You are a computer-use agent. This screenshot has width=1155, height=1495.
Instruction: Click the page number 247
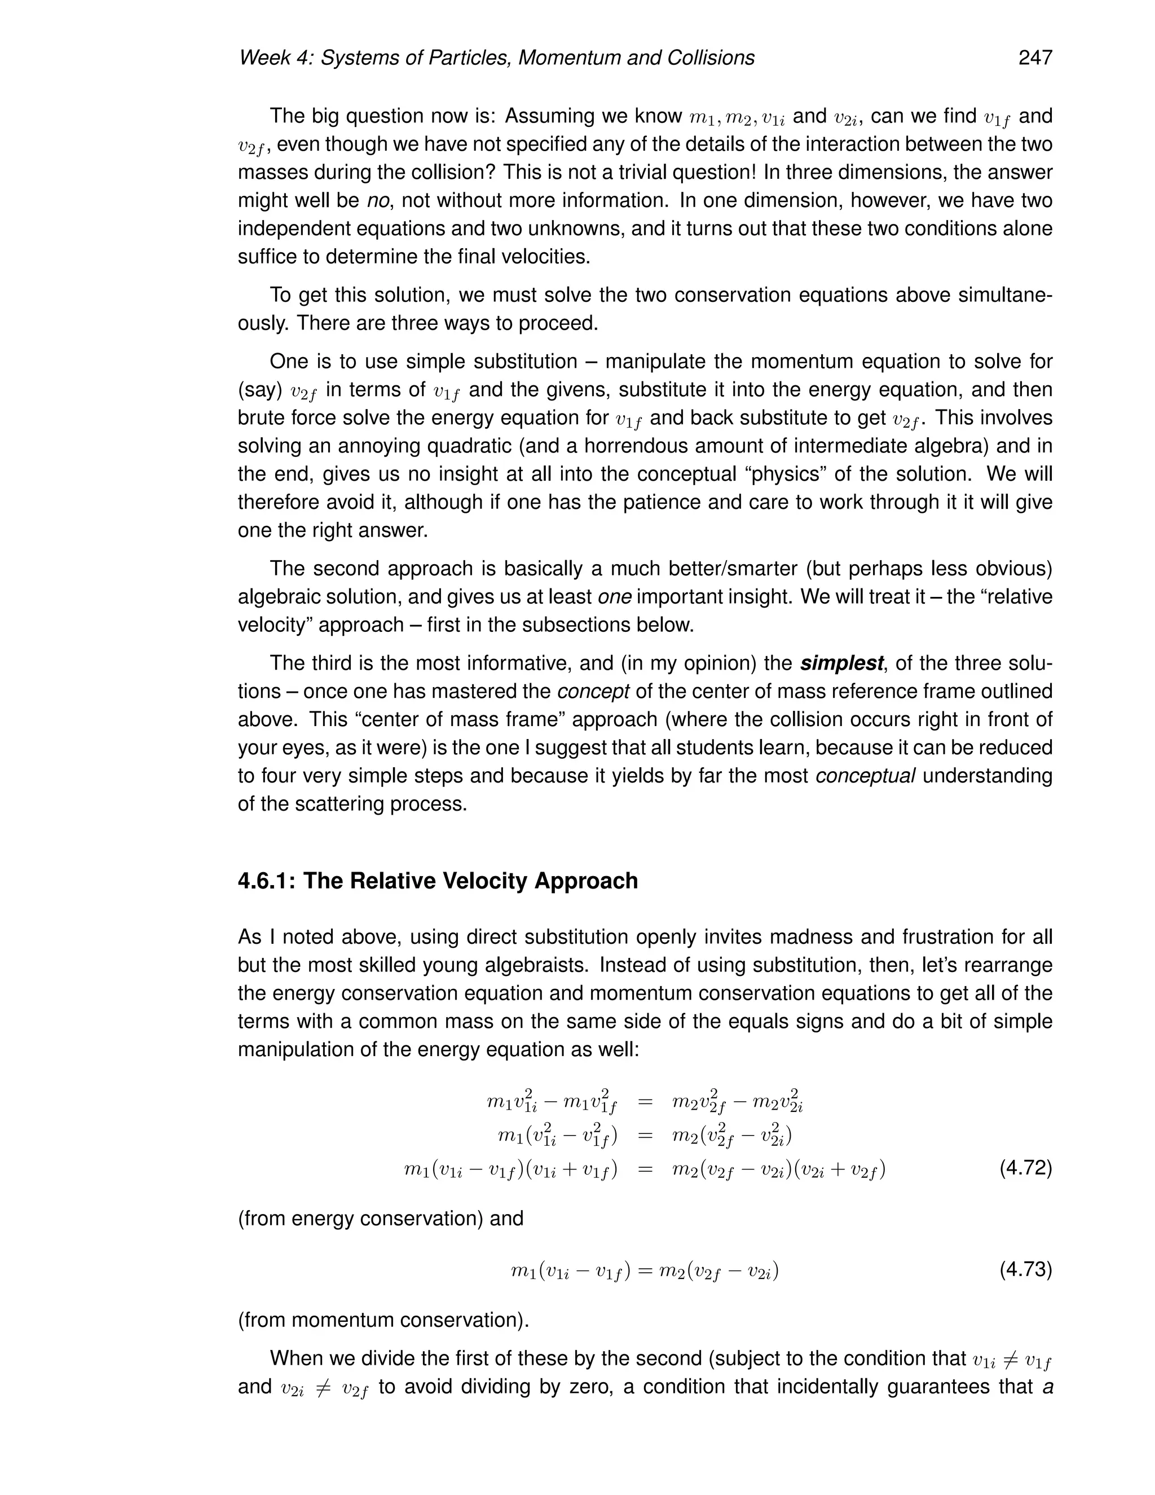pos(1034,58)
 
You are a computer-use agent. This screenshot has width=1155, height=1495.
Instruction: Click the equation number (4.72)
pos(1025,1168)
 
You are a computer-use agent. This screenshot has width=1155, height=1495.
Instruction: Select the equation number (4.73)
pos(1025,1270)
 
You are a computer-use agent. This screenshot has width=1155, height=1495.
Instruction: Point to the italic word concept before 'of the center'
pos(593,692)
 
